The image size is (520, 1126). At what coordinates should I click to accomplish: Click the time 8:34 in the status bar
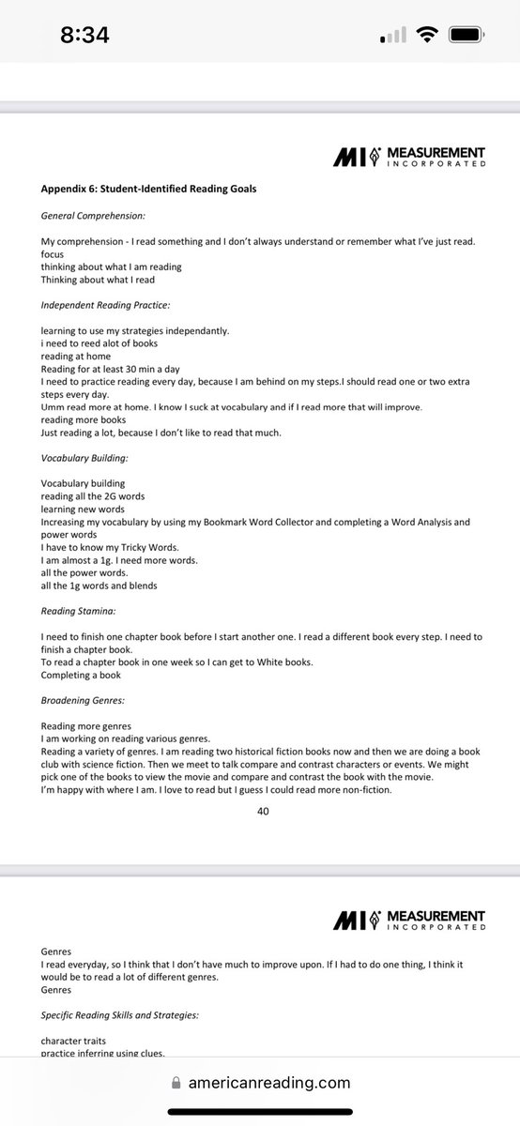click(x=84, y=36)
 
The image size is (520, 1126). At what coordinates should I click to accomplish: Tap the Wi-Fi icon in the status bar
click(x=429, y=36)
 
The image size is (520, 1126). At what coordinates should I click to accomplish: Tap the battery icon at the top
click(x=469, y=36)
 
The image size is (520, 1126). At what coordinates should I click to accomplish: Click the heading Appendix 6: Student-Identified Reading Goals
click(x=148, y=189)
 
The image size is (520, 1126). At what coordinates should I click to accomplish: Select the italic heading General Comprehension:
click(x=92, y=216)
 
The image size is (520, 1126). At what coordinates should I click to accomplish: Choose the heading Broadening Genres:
click(x=85, y=698)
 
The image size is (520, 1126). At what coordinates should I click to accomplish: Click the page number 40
click(x=263, y=812)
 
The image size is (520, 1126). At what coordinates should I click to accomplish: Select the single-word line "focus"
click(x=53, y=254)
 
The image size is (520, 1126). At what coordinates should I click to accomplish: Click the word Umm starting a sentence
click(x=54, y=407)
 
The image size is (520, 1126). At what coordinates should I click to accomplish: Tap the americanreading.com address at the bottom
click(x=280, y=1083)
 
